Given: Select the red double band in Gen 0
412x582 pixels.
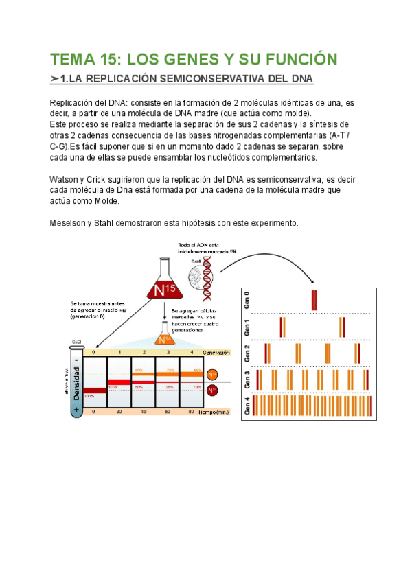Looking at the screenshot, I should click(314, 300).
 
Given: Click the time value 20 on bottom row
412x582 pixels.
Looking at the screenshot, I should click(120, 412).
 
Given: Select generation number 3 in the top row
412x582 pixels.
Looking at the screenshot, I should click(168, 352).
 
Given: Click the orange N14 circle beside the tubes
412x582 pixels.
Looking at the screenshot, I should click(213, 374).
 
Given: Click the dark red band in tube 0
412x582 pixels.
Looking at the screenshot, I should click(95, 391).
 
